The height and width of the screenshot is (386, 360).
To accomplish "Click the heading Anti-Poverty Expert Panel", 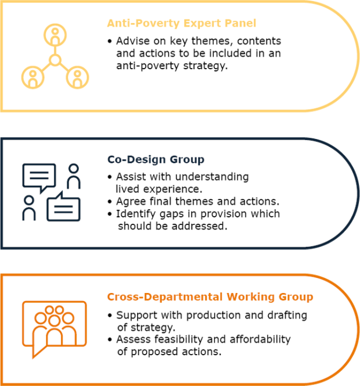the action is [x=182, y=23].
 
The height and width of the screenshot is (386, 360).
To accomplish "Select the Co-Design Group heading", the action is [x=156, y=159].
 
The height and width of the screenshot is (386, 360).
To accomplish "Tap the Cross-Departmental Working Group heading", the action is [x=210, y=297].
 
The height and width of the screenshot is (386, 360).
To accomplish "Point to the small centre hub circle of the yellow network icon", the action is [x=55, y=60].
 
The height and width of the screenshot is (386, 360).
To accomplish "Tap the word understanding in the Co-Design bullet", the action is [x=212, y=177].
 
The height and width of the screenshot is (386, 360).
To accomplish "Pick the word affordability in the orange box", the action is [x=260, y=339].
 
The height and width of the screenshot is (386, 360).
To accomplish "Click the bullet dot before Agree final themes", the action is [x=110, y=202].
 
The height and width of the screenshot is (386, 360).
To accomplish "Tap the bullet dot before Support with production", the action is [x=110, y=316].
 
